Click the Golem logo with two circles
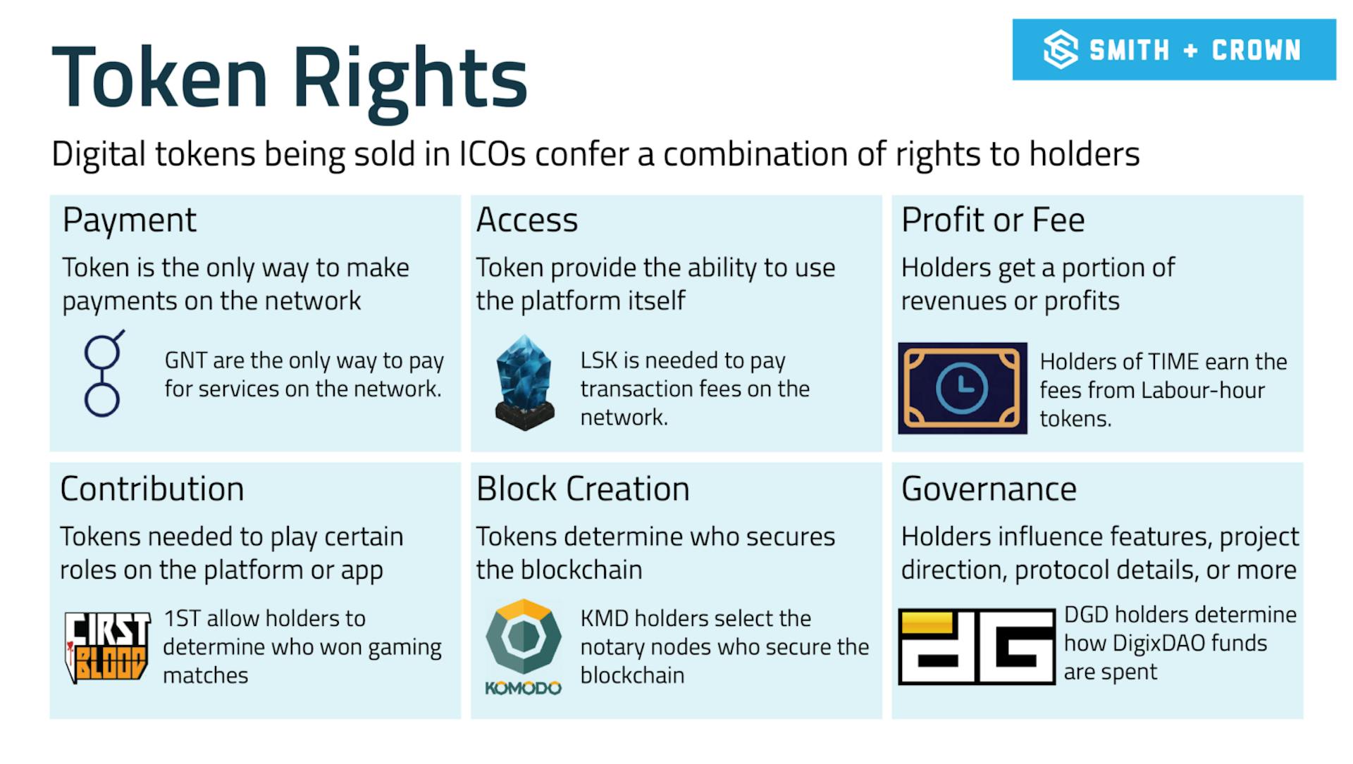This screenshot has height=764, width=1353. point(103,374)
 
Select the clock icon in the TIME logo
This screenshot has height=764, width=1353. point(962,388)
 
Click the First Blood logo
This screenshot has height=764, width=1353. point(107,647)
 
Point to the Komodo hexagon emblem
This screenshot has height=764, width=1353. point(524,637)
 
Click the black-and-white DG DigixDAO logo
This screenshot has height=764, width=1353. point(977,646)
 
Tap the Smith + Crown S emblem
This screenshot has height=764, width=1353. point(1061,50)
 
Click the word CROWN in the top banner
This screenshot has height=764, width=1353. point(1256,50)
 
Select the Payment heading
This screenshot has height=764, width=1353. point(130,220)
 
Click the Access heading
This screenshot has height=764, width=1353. point(527,220)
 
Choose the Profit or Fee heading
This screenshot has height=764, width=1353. point(993,220)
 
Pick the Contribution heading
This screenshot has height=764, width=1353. point(152,489)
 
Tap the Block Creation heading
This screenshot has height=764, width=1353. point(583,489)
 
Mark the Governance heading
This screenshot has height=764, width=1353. point(989,489)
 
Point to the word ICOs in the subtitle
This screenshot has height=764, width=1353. point(493,154)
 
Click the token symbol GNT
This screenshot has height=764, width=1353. point(186,361)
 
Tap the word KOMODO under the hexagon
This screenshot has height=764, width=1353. point(524,688)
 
